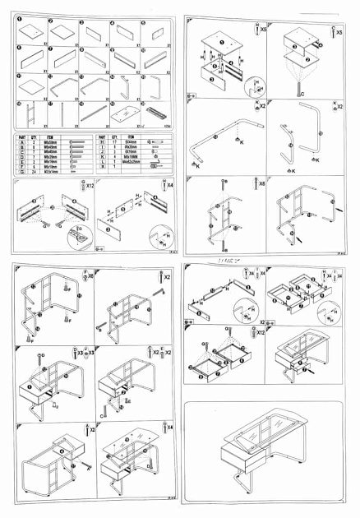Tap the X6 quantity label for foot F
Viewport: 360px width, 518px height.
click(x=87, y=277)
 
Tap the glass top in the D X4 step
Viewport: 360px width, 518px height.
click(x=136, y=444)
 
